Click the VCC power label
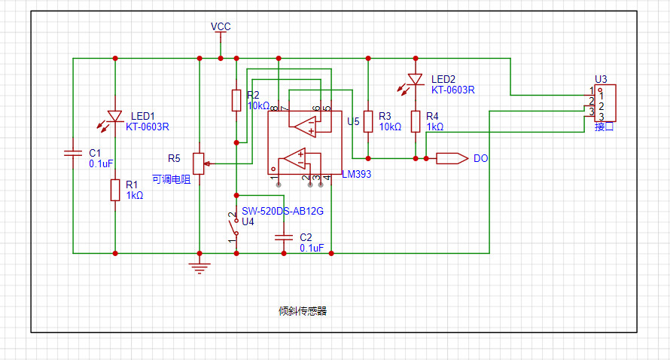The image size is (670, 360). click(x=221, y=26)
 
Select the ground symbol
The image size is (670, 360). click(x=199, y=267)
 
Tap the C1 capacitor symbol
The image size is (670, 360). click(x=73, y=153)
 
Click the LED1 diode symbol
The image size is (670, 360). click(x=115, y=116)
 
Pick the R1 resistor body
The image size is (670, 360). click(x=115, y=190)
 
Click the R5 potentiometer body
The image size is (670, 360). click(x=199, y=163)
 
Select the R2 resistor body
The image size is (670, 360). click(x=236, y=100)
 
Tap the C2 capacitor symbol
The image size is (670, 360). click(x=284, y=237)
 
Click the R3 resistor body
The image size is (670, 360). click(x=368, y=121)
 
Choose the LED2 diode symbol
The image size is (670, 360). click(x=416, y=80)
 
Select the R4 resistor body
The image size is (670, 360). click(x=416, y=121)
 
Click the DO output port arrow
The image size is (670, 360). click(x=452, y=159)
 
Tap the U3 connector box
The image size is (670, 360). click(x=605, y=103)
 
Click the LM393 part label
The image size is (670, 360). click(x=356, y=174)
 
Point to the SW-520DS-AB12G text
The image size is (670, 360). click(x=282, y=211)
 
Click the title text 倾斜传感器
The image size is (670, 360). click(x=303, y=311)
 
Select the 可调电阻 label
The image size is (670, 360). click(x=172, y=179)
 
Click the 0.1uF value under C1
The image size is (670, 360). click(x=101, y=163)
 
